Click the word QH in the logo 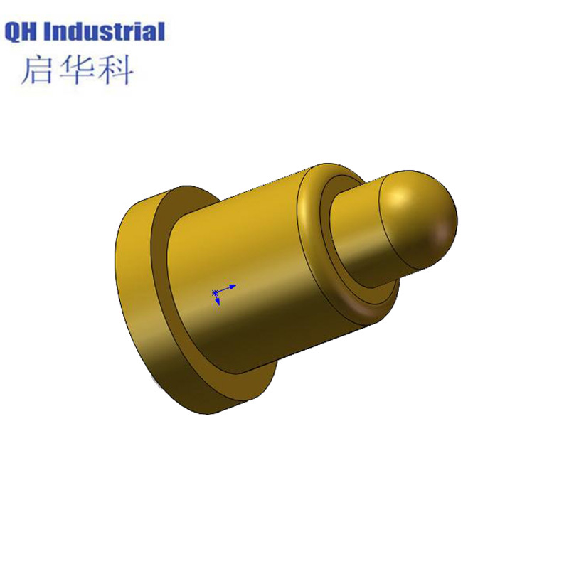click(x=23, y=32)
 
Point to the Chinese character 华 click(x=78, y=70)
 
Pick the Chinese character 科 click(x=116, y=70)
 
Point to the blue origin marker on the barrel click(x=216, y=292)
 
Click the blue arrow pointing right click(x=229, y=287)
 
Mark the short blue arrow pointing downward click(x=217, y=302)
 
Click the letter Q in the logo click(x=14, y=32)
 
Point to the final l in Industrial click(x=161, y=32)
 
